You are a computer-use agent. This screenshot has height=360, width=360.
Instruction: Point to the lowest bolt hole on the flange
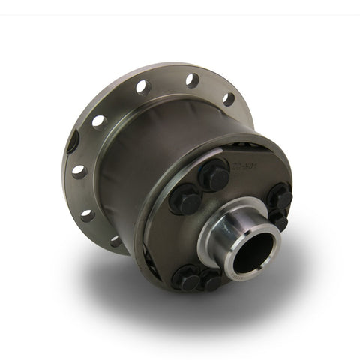[115, 241]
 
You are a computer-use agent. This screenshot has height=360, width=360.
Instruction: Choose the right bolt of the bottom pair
[211, 280]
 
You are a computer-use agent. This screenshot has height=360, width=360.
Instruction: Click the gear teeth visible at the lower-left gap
[153, 259]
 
